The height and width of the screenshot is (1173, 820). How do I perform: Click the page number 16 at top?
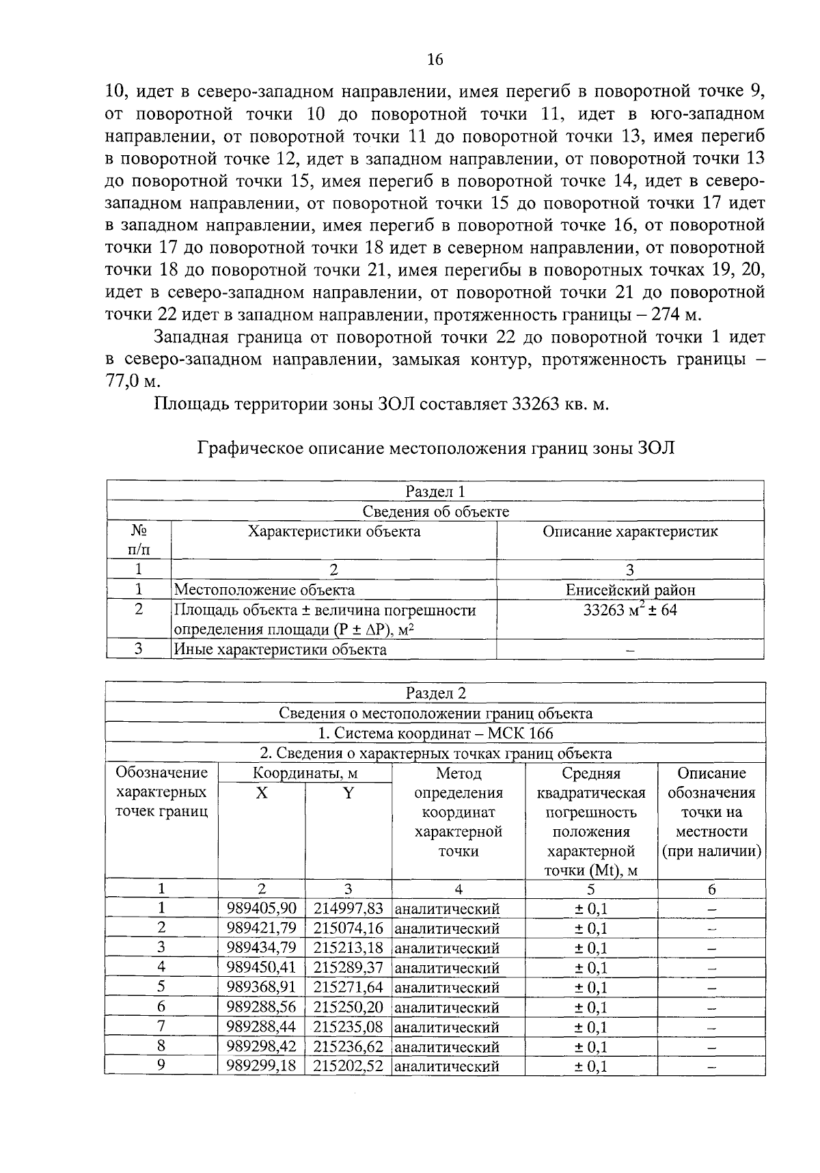pyautogui.click(x=435, y=60)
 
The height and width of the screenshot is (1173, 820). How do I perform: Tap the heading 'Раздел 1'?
pyautogui.click(x=435, y=491)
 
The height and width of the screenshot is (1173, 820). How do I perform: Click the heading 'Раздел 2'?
pyautogui.click(x=435, y=693)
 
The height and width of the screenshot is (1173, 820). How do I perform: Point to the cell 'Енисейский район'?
pyautogui.click(x=630, y=590)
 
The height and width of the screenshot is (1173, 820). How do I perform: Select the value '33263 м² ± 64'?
pyautogui.click(x=630, y=610)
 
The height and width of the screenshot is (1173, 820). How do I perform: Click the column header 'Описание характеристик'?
pyautogui.click(x=630, y=532)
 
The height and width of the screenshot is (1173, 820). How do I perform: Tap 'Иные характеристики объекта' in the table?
pyautogui.click(x=280, y=649)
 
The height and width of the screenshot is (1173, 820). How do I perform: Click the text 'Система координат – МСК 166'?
pyautogui.click(x=435, y=733)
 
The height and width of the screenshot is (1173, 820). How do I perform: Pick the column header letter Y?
pyautogui.click(x=348, y=793)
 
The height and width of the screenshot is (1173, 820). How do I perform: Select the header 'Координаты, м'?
pyautogui.click(x=305, y=774)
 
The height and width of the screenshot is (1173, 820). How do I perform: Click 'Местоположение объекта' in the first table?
pyautogui.click(x=264, y=590)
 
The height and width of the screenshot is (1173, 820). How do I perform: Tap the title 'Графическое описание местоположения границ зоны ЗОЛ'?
pyautogui.click(x=435, y=448)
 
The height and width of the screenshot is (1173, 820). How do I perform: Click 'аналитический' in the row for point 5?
pyautogui.click(x=448, y=988)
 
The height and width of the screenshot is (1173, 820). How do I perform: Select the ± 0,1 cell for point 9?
pyautogui.click(x=590, y=1066)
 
